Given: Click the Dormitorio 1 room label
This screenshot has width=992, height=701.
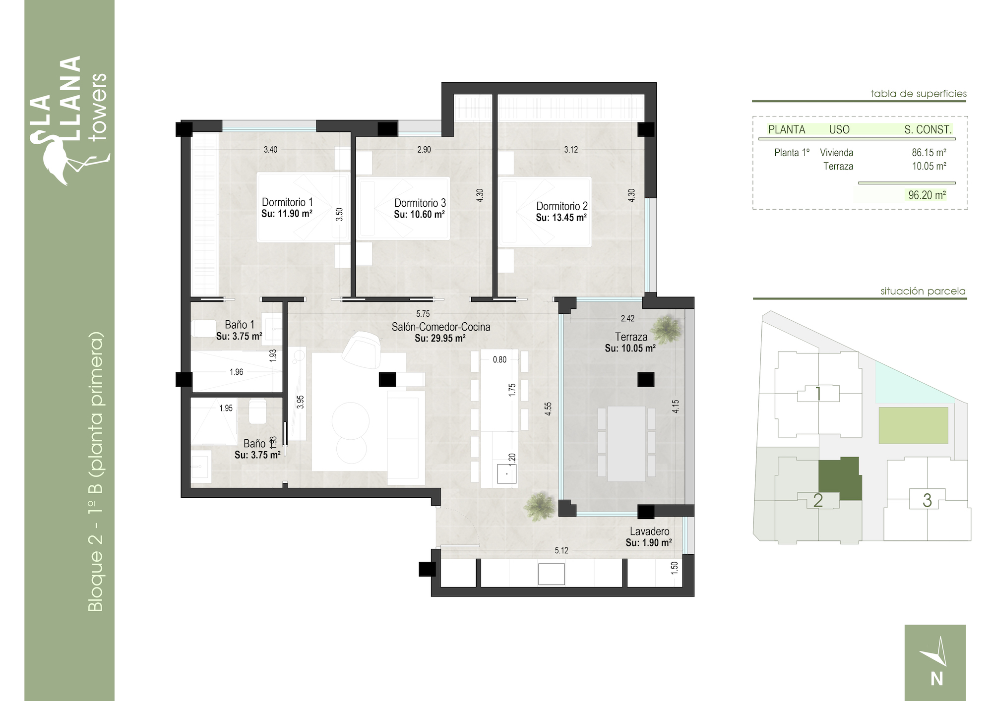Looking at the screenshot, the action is pyautogui.click(x=287, y=202).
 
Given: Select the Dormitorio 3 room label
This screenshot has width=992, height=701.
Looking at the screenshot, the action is pyautogui.click(x=420, y=203).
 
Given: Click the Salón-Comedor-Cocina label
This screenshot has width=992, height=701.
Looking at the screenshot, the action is pyautogui.click(x=441, y=327).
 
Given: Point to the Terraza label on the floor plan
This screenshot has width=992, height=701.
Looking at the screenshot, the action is pyautogui.click(x=631, y=337).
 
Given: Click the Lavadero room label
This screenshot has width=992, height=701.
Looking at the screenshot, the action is pyautogui.click(x=649, y=531).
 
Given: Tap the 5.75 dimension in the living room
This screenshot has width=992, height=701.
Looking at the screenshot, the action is pyautogui.click(x=423, y=314).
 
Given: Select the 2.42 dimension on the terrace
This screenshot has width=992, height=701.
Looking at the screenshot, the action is pyautogui.click(x=627, y=318).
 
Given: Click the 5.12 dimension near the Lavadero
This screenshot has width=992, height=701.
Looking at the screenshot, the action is pyautogui.click(x=561, y=550).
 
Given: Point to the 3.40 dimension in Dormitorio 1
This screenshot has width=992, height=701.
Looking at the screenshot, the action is pyautogui.click(x=270, y=149).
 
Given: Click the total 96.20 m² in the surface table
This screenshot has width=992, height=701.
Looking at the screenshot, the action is pyautogui.click(x=927, y=195).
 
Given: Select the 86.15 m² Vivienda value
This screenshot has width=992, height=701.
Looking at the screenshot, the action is pyautogui.click(x=929, y=153).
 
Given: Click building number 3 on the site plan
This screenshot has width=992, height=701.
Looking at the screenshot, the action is pyautogui.click(x=927, y=500).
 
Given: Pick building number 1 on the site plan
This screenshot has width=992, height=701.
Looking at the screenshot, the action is pyautogui.click(x=818, y=394).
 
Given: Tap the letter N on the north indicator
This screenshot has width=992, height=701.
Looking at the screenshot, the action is pyautogui.click(x=936, y=678).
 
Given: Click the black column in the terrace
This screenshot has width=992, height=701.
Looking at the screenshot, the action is pyautogui.click(x=646, y=380).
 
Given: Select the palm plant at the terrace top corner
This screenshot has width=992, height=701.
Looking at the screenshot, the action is pyautogui.click(x=667, y=328).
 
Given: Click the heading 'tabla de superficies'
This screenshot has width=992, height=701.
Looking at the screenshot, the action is pyautogui.click(x=919, y=94).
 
